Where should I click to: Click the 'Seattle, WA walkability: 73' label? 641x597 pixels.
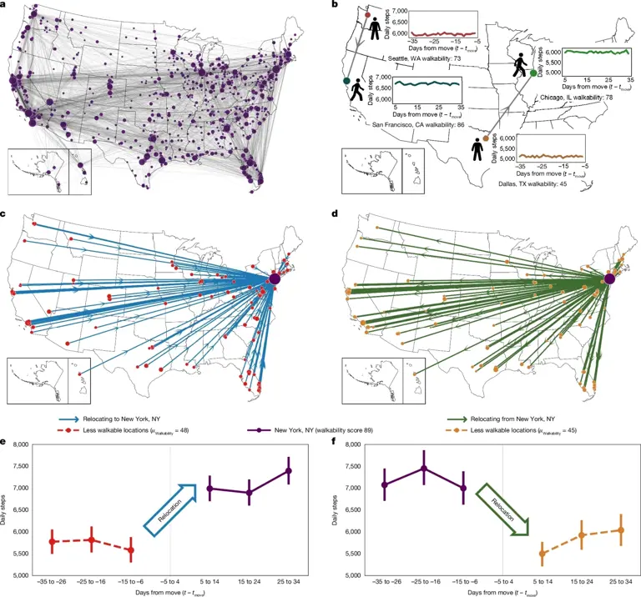coord(428,59)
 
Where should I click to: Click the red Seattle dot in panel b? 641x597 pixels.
coord(367,15)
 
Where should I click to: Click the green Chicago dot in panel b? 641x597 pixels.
coord(533,74)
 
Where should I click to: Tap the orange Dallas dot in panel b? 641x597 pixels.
coord(485,126)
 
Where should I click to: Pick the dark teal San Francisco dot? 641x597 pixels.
coord(346,80)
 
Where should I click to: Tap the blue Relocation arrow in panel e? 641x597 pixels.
coord(171,503)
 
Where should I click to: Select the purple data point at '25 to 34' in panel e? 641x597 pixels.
coord(288,470)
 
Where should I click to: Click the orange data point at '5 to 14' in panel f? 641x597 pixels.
coord(543,553)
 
